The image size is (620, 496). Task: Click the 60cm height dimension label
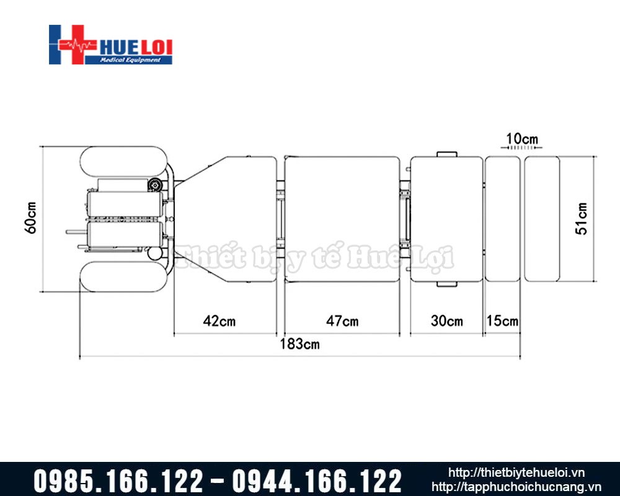point(31,218)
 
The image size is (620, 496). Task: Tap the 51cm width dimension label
point(582,219)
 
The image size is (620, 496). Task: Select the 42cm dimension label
point(219,321)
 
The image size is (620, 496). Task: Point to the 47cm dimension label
point(342,321)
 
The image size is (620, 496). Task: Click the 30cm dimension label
point(447,321)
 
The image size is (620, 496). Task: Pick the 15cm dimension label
point(502,321)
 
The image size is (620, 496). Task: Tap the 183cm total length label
point(299,344)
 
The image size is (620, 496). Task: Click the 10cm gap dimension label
point(522,139)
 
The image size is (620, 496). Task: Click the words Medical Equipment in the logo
point(130,60)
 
